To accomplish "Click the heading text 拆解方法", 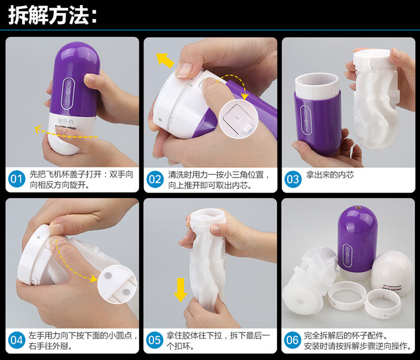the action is pyautogui.click(x=49, y=15).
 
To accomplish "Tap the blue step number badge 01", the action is pyautogui.click(x=17, y=179).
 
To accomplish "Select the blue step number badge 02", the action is pyautogui.click(x=155, y=179).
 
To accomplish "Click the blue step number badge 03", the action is pyautogui.click(x=293, y=179).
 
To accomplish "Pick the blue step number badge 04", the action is pyautogui.click(x=17, y=340).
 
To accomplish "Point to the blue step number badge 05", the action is pyautogui.click(x=155, y=340).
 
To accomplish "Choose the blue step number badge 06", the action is pyautogui.click(x=293, y=340).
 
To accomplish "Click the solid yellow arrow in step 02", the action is pyautogui.click(x=165, y=60).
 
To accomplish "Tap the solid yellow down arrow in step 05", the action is pyautogui.click(x=180, y=289).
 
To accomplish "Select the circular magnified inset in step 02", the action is pyautogui.click(x=239, y=119).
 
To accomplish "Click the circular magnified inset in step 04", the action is pyautogui.click(x=117, y=284).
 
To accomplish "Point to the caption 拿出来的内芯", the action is pyautogui.click(x=330, y=175).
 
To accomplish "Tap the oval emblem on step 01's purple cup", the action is pyautogui.click(x=68, y=93).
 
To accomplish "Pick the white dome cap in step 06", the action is pyautogui.click(x=392, y=271).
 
